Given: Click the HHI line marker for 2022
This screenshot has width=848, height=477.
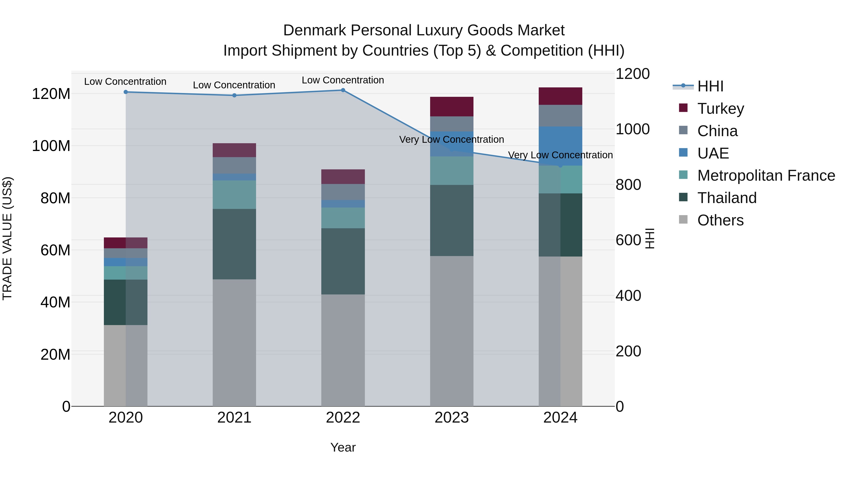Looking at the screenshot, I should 343,90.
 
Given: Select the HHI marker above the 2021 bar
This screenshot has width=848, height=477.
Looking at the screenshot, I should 234,95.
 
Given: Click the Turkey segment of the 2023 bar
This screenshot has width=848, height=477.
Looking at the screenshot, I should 452,107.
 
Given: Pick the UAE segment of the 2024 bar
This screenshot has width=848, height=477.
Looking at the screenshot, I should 560,146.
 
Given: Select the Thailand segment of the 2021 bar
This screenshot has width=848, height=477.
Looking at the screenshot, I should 234,244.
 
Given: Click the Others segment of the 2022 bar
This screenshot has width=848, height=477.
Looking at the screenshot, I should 343,350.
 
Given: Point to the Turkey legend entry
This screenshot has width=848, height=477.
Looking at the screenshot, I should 720,109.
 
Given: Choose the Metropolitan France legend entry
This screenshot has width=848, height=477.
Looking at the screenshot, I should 766,175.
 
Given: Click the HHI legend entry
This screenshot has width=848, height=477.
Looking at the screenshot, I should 710,86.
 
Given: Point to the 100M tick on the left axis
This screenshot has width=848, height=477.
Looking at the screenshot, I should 51,146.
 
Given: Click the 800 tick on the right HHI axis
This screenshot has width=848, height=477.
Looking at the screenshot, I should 628,185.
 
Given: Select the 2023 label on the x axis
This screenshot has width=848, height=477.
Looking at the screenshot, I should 452,418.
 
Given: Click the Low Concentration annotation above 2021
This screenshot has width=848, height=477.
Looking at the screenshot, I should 234,85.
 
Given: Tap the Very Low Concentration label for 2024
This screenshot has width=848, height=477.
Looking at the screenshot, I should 560,155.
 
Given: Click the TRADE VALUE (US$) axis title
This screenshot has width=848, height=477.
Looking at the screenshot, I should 7,238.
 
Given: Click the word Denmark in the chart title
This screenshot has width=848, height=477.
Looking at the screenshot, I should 314,30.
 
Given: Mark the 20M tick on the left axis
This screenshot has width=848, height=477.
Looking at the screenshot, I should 55,355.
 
